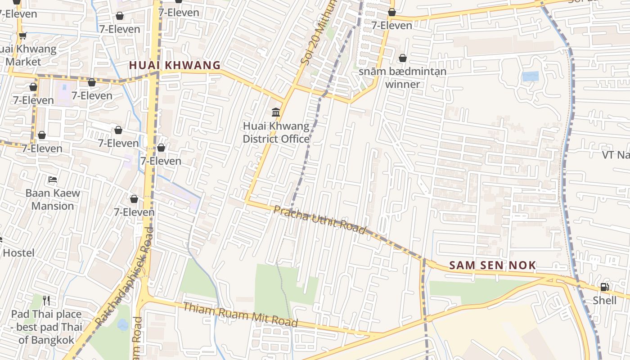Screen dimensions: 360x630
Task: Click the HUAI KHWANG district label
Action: [175, 65]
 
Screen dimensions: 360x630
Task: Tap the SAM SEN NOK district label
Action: [492, 265]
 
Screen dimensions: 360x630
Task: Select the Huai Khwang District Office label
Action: [276, 132]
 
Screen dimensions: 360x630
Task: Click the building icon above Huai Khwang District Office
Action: [276, 112]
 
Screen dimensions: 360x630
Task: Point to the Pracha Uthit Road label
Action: [319, 220]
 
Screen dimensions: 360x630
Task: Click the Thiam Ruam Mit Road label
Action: [240, 315]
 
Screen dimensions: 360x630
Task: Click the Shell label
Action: [604, 300]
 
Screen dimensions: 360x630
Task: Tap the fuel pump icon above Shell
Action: [604, 287]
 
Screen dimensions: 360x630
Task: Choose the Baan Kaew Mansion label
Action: [53, 199]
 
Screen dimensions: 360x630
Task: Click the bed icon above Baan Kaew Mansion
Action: [53, 180]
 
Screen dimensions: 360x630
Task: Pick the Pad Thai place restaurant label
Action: [46, 327]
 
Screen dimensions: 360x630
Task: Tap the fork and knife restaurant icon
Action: [46, 300]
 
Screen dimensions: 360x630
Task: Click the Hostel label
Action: [18, 253]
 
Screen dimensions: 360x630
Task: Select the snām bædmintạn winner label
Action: [402, 77]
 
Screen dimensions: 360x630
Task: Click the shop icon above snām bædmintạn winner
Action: [402, 58]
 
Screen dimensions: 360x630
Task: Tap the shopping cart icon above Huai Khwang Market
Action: [22, 36]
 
